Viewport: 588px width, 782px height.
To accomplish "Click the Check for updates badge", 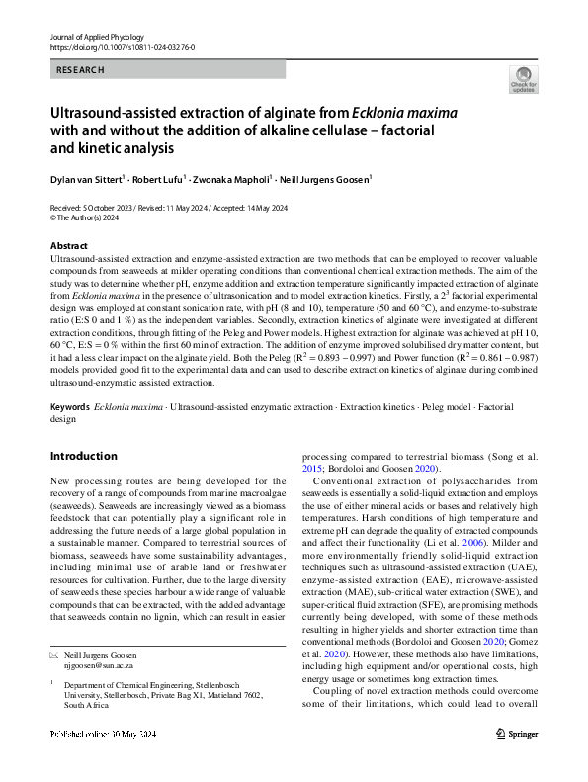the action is pos(523,81).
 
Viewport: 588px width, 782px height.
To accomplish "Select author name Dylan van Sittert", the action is pos(94,180).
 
